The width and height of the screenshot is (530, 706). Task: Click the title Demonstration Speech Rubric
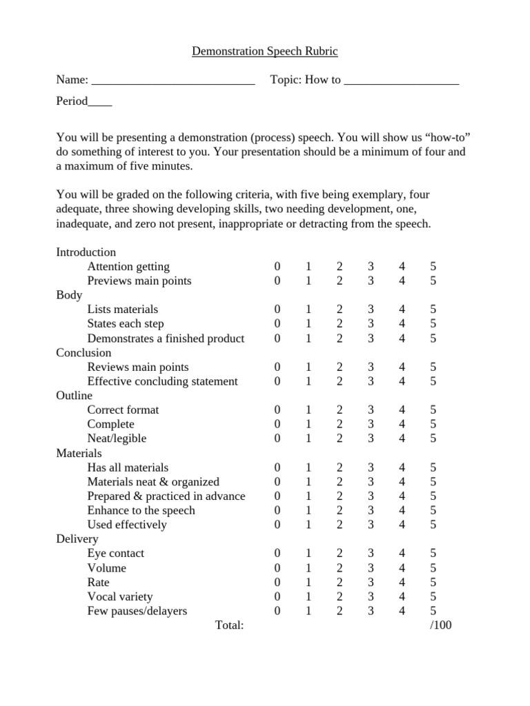tap(264, 52)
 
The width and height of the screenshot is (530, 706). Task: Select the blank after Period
tap(100, 104)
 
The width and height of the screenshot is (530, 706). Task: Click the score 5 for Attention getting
tap(433, 266)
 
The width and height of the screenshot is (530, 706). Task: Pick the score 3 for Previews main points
tap(371, 281)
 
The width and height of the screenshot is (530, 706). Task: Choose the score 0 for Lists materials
tap(277, 310)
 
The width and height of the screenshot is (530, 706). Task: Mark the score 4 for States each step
tap(402, 324)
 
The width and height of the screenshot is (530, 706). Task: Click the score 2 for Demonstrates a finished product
tap(340, 339)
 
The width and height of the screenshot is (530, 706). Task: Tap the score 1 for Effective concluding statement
tap(308, 381)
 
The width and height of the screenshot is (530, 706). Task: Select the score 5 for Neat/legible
tap(433, 438)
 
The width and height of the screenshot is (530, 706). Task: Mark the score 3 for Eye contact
tap(371, 553)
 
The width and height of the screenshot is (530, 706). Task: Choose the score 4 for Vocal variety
tap(402, 596)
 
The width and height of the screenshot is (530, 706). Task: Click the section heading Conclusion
tap(84, 352)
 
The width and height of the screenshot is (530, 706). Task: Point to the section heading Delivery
tap(77, 538)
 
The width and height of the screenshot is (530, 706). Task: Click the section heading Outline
tap(74, 395)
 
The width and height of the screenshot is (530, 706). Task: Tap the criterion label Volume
tap(106, 567)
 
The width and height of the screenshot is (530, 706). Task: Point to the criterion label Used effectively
tap(127, 525)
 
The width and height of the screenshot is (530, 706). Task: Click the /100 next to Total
tap(440, 625)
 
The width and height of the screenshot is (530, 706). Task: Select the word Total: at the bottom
tap(230, 625)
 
